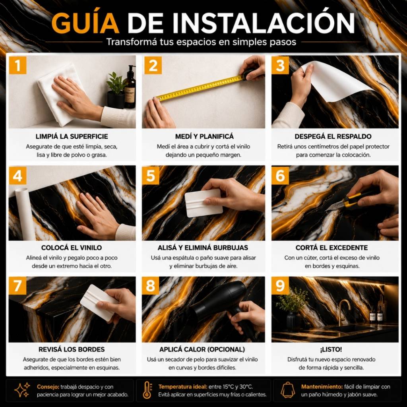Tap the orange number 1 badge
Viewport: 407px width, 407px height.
click(17, 66)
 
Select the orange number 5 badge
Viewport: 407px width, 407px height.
click(151, 175)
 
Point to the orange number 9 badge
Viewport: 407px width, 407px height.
click(280, 285)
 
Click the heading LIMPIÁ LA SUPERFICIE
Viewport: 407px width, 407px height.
click(72, 136)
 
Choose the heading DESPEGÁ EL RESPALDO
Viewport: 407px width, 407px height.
click(333, 136)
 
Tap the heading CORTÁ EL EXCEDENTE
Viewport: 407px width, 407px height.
click(332, 247)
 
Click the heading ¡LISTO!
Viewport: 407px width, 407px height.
click(331, 349)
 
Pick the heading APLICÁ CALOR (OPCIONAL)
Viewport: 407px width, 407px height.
click(202, 349)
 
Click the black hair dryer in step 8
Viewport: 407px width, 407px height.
click(223, 306)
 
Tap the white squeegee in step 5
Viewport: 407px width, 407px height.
click(203, 203)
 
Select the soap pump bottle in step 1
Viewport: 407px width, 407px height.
click(130, 87)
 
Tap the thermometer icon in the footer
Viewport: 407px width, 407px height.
click(147, 390)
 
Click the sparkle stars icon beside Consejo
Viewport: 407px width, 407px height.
click(22, 390)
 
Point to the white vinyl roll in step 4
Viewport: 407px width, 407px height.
click(25, 214)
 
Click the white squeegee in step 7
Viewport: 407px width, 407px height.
click(99, 302)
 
